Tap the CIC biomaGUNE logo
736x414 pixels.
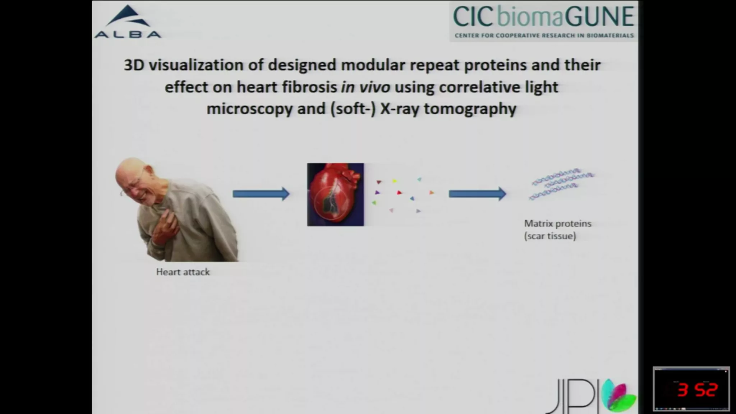(x=543, y=21)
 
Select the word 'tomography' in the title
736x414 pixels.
(x=470, y=109)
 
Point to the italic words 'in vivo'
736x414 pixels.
(x=365, y=87)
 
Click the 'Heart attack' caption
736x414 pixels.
(x=183, y=272)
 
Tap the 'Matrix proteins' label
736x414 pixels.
(x=558, y=224)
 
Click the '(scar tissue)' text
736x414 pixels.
(x=550, y=236)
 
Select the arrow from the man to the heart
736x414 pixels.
(x=261, y=194)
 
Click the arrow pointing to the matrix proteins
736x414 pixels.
(x=477, y=194)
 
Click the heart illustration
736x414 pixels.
(x=335, y=194)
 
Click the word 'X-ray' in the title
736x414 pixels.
(x=400, y=109)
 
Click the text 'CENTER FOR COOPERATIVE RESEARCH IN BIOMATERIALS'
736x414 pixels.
(x=544, y=36)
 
